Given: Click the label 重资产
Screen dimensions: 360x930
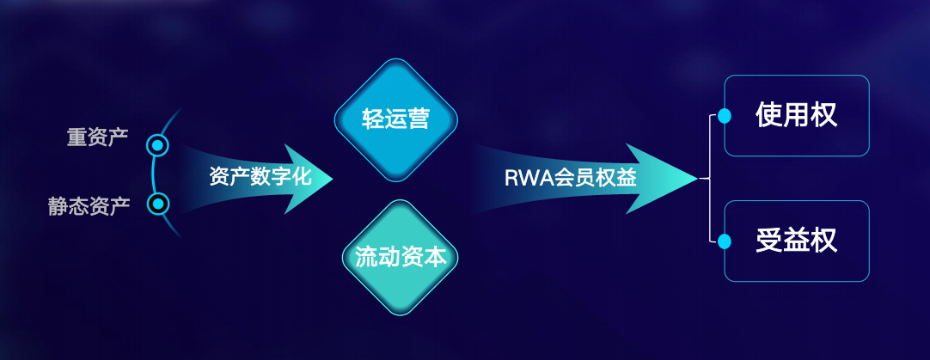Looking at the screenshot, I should point(97,137).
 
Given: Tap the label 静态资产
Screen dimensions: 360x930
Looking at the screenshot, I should point(89,205).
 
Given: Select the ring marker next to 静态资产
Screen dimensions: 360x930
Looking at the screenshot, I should point(158,204).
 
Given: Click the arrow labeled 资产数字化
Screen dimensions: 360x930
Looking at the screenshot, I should point(258,177).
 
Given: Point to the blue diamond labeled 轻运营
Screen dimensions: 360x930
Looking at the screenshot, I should point(395,120).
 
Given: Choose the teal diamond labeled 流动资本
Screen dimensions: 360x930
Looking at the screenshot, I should point(401,257).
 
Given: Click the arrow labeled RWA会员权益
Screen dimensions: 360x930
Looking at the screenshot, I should point(584,179).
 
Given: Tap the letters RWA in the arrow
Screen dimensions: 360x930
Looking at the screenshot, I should point(522,179).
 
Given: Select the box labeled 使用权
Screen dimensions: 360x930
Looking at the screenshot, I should point(797,116).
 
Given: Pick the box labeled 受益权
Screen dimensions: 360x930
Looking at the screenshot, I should point(797,241).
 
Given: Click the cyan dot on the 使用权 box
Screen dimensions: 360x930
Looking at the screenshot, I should point(725,116).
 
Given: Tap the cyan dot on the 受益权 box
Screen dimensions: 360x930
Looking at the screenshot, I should point(725,241).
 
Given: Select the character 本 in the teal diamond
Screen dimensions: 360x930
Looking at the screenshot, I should point(436,257).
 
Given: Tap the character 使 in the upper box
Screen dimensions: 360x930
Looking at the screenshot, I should point(769,116).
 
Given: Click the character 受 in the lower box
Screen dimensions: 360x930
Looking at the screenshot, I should point(769,241).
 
